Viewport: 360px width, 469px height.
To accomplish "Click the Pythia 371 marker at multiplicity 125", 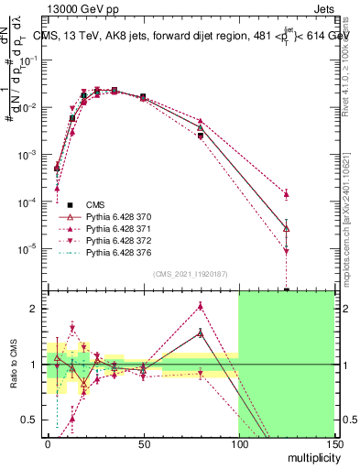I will pyautogui.click(x=287, y=194).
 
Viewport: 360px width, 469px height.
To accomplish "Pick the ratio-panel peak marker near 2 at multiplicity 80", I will pyautogui.click(x=201, y=309).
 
